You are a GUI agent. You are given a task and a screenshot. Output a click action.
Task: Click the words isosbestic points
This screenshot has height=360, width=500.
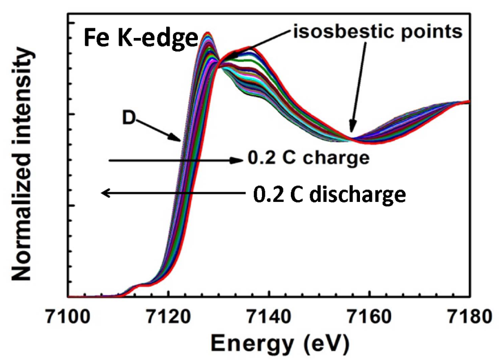point(379,32)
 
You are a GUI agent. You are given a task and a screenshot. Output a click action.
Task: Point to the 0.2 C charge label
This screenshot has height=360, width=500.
point(308,159)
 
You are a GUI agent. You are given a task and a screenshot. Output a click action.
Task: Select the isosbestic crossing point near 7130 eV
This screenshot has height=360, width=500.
point(218,64)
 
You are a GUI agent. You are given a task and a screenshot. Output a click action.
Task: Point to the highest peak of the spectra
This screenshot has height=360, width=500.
point(207,34)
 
